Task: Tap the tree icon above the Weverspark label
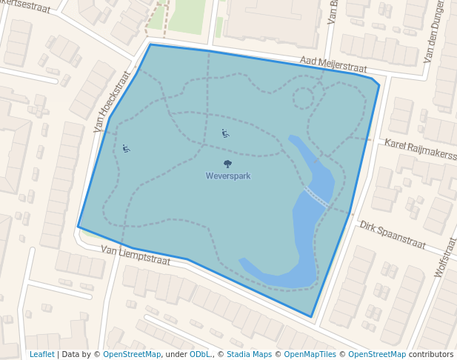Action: point(227,164)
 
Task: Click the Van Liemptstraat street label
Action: point(136,256)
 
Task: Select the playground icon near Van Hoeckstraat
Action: point(127,149)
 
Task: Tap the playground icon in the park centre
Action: point(225,133)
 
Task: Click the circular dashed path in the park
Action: point(304,98)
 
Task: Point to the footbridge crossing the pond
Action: point(317,196)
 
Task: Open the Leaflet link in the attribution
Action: point(41,354)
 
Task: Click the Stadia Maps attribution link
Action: point(249,354)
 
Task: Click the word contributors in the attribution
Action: point(431,354)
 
